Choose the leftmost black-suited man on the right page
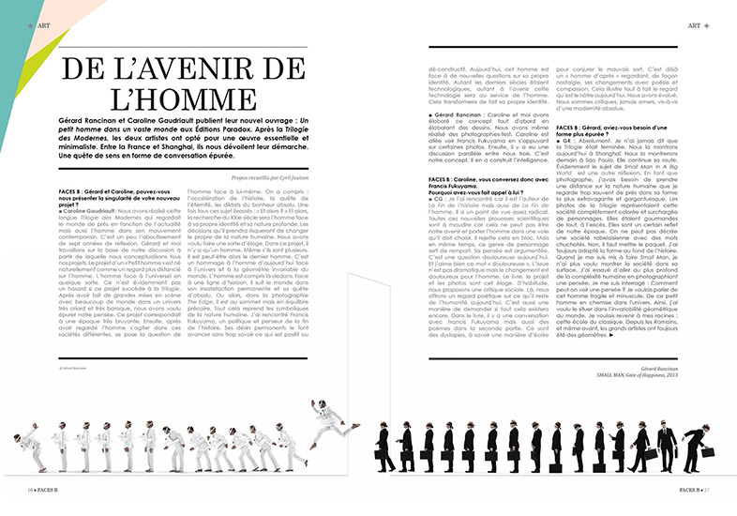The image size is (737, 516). click(384, 448)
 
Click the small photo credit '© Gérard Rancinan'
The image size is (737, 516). click(70, 368)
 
